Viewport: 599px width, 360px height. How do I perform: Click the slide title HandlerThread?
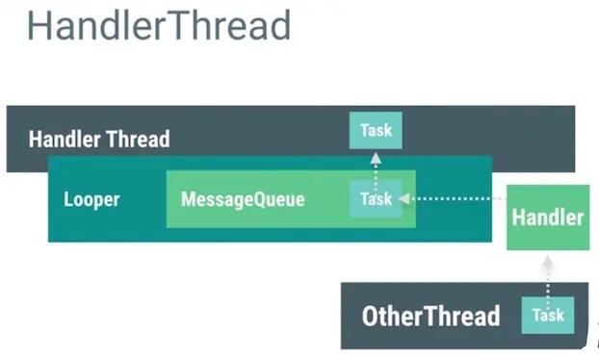pyautogui.click(x=159, y=26)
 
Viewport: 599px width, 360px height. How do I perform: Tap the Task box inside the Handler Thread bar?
pyautogui.click(x=376, y=130)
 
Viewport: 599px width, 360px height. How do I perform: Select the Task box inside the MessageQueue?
pyautogui.click(x=376, y=199)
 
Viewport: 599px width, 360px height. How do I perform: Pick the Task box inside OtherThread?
pyautogui.click(x=548, y=315)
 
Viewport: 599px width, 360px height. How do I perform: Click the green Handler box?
pyautogui.click(x=547, y=218)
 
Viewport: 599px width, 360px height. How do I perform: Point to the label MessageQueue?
pyautogui.click(x=243, y=200)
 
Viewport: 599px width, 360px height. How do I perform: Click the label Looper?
pyautogui.click(x=91, y=200)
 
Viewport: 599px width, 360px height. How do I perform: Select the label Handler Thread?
pyautogui.click(x=99, y=139)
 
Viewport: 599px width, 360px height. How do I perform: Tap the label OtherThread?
pyautogui.click(x=430, y=316)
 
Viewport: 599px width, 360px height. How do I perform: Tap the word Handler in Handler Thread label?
pyautogui.click(x=65, y=139)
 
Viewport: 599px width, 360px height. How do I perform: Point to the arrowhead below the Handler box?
pyautogui.click(x=547, y=260)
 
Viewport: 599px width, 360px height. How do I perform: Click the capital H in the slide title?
pyautogui.click(x=39, y=26)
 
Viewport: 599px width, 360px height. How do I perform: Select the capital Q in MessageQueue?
pyautogui.click(x=256, y=200)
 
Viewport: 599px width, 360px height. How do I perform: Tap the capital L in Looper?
pyautogui.click(x=68, y=200)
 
